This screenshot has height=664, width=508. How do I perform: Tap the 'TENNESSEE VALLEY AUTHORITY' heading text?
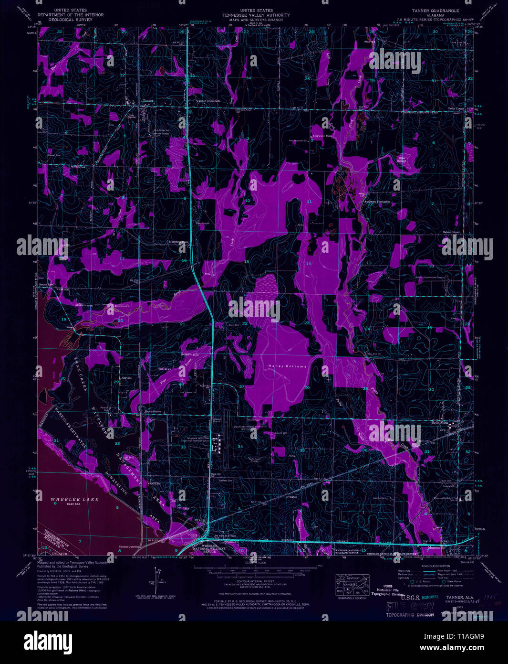[257, 15]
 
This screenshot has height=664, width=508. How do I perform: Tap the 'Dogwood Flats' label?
[322, 136]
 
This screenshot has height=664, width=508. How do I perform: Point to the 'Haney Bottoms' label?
[283, 366]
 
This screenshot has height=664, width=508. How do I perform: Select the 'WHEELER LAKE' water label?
[74, 499]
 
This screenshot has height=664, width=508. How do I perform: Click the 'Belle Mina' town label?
[443, 423]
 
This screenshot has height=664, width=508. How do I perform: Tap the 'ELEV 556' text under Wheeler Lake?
[76, 504]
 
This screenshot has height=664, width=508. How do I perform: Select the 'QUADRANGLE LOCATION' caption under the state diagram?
[352, 598]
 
